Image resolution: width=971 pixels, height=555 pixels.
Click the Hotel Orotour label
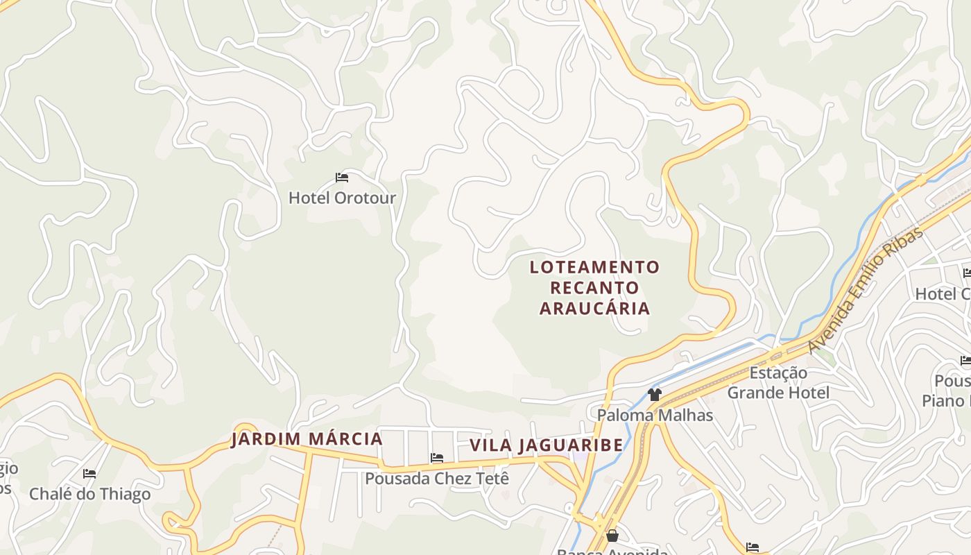coord(342,198)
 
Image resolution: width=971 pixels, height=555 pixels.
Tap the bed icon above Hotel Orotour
coord(341,178)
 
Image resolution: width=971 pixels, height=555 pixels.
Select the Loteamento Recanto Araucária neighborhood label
coord(594,287)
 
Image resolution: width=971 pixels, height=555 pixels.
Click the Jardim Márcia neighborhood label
coord(307,439)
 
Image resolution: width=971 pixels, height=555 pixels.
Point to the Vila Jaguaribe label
coord(547,445)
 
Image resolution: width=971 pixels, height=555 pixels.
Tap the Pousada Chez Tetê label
coord(437,479)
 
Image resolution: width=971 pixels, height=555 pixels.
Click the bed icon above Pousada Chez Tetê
coord(436,458)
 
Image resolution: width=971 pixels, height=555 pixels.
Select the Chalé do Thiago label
coord(89,495)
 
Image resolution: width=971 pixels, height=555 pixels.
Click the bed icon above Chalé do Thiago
coord(89,474)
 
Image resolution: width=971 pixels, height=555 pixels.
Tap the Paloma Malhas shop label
coord(655,416)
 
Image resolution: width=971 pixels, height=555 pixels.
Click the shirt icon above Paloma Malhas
coord(654,395)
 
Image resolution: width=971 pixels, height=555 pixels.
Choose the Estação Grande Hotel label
coord(777,383)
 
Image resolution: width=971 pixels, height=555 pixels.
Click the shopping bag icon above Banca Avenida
coord(612,536)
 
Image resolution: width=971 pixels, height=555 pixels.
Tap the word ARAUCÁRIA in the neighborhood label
coord(594,309)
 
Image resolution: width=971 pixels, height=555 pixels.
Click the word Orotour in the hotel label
coord(365,198)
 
